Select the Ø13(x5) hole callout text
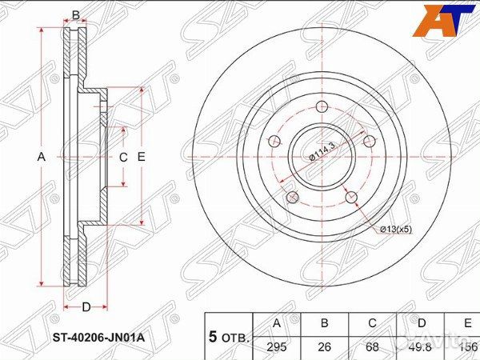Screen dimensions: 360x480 [x=395, y=230]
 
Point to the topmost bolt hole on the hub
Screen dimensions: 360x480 [x=322, y=106]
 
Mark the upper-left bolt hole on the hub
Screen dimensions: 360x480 [x=274, y=142]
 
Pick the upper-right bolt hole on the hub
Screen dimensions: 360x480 [x=369, y=141]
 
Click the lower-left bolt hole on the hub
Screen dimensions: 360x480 [x=292, y=197]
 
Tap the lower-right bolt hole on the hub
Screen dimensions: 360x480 [x=350, y=197]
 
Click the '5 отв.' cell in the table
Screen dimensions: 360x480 [x=228, y=336]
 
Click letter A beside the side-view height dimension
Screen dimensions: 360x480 [x=42, y=158]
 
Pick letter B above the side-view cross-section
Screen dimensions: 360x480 [x=76, y=15]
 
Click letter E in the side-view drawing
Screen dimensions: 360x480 [x=141, y=158]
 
